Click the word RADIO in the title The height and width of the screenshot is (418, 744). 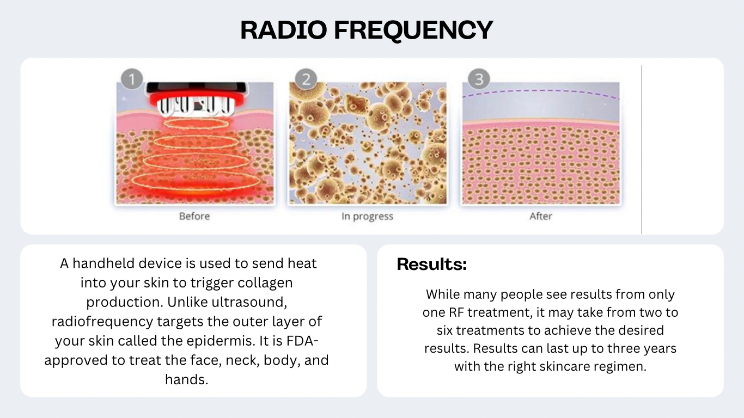(283, 29)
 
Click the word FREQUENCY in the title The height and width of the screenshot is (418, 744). (413, 30)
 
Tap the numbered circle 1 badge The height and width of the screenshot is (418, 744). (132, 79)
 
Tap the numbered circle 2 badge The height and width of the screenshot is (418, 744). (306, 79)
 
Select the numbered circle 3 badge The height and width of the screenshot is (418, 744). (479, 79)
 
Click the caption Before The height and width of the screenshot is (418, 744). (194, 216)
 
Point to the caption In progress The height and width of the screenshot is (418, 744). (367, 217)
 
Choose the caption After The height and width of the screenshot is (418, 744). (541, 216)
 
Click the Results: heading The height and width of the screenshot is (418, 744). (432, 265)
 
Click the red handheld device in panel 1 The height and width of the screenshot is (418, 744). (197, 99)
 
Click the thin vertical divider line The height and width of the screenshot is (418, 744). (642, 150)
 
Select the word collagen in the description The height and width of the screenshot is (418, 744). (265, 283)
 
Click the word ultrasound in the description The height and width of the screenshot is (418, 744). (249, 302)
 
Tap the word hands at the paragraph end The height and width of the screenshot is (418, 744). (186, 379)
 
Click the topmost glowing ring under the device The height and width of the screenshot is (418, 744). (196, 124)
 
